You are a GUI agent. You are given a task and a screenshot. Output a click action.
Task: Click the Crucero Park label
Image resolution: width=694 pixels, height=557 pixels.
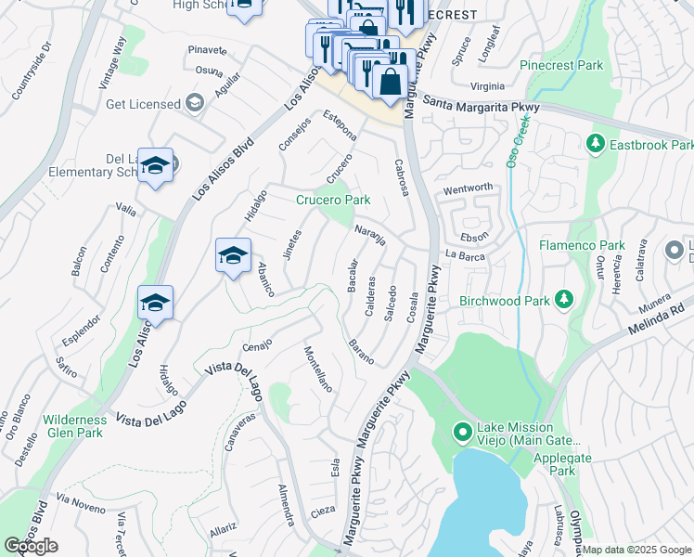333,200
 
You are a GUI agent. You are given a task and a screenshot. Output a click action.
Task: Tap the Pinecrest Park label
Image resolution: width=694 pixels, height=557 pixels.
561,66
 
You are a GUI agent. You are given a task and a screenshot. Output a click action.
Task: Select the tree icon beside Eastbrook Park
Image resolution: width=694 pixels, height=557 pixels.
596,145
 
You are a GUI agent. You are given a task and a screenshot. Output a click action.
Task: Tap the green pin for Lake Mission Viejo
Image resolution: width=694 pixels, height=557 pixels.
461,433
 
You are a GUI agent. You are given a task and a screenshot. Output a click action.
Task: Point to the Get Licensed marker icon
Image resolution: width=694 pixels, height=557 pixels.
195,103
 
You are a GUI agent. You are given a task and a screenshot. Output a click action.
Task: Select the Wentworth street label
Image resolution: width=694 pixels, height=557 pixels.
468,188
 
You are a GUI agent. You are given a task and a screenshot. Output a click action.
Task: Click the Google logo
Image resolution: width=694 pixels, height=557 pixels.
31,546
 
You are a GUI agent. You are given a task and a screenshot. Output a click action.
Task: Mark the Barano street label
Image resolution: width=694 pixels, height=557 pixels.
361,352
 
